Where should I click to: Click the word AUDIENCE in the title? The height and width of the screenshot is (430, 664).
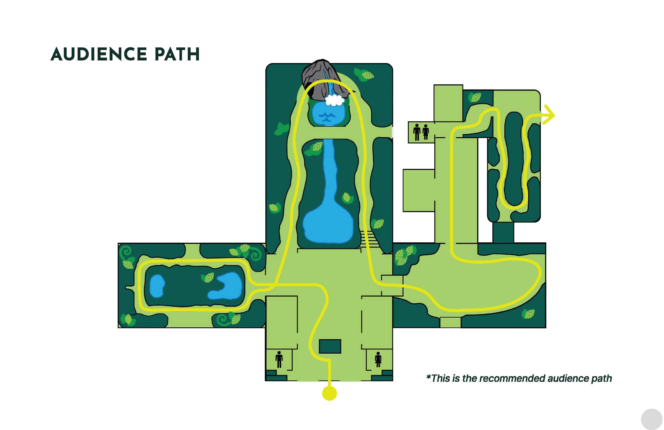(x=99, y=54)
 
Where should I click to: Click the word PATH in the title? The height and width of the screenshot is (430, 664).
(x=177, y=54)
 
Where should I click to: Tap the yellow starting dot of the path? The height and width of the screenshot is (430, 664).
(x=329, y=393)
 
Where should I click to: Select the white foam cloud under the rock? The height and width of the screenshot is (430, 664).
(x=334, y=100)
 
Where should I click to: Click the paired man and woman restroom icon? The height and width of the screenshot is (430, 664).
(x=421, y=132)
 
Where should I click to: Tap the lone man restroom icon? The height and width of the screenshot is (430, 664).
(x=279, y=360)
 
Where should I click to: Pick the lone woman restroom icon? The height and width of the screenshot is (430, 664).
(x=378, y=360)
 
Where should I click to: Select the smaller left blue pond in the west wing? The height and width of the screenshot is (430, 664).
(x=157, y=286)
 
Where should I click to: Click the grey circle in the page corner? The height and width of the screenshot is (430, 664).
(x=652, y=419)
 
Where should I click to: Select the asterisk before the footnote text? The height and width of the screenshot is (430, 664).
(x=429, y=378)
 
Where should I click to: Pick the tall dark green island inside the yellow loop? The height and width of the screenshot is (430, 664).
(x=513, y=159)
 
